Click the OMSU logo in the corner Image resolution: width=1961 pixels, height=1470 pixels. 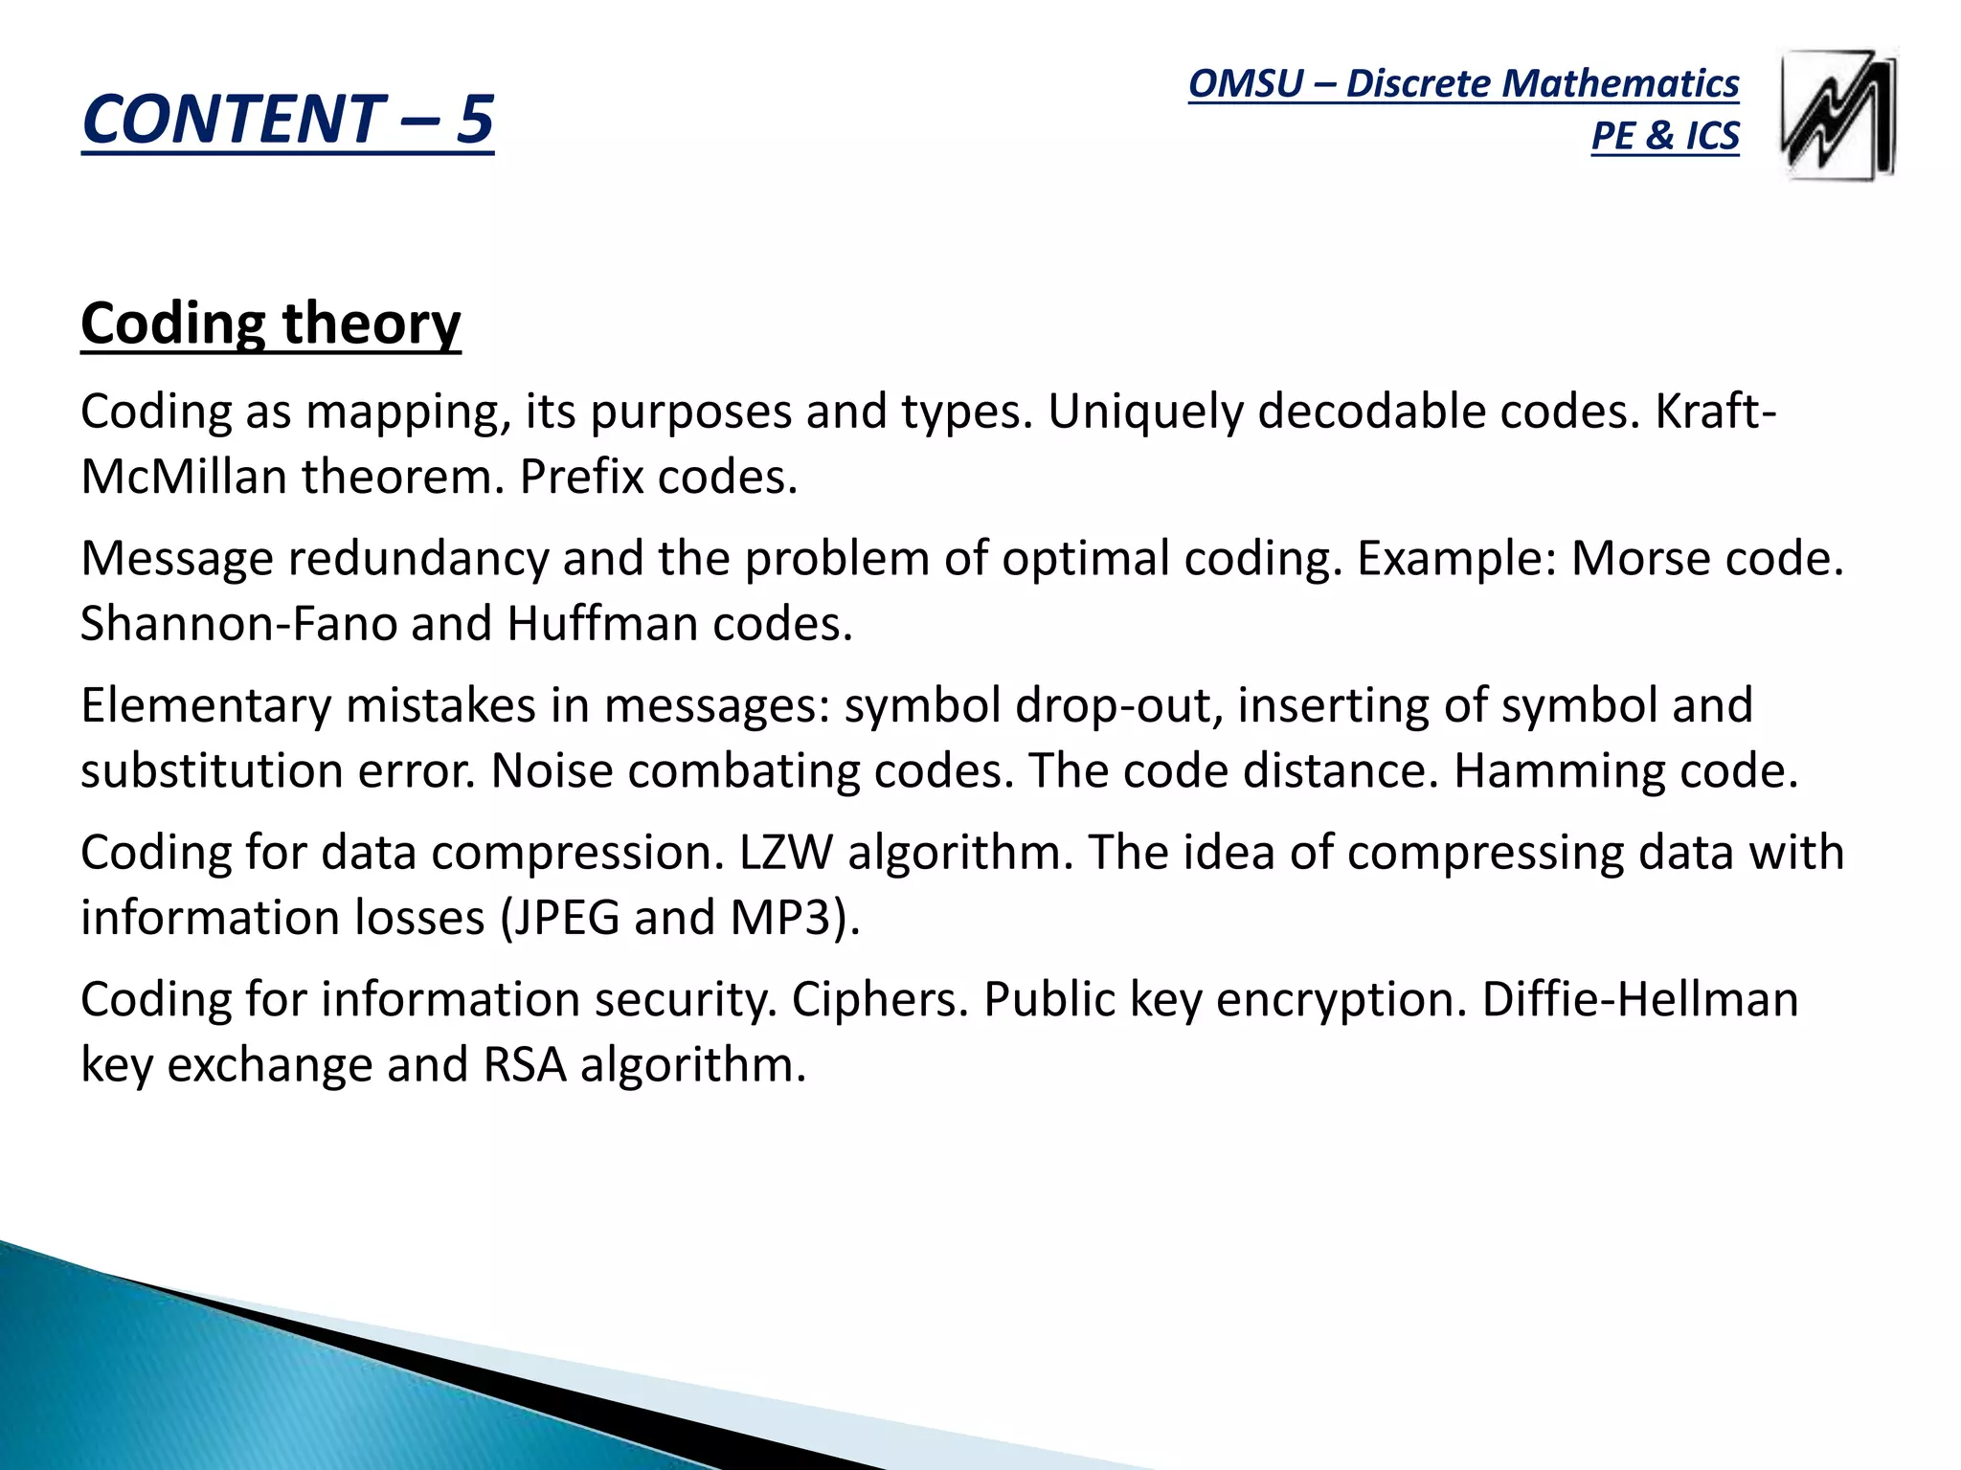tap(1838, 115)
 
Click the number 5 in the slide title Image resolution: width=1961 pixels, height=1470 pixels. tap(474, 120)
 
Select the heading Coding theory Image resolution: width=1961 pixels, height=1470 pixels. tap(271, 323)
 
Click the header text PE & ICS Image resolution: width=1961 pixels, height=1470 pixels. tap(1664, 136)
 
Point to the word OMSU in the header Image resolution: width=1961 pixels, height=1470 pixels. tap(1246, 84)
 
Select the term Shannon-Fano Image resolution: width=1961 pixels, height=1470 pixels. tap(238, 624)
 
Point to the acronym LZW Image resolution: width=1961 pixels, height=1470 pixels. tap(785, 853)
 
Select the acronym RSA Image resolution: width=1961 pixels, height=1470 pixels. tap(525, 1064)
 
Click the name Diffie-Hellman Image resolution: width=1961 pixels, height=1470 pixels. tap(1640, 999)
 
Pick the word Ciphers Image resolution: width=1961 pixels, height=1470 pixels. tap(880, 999)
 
